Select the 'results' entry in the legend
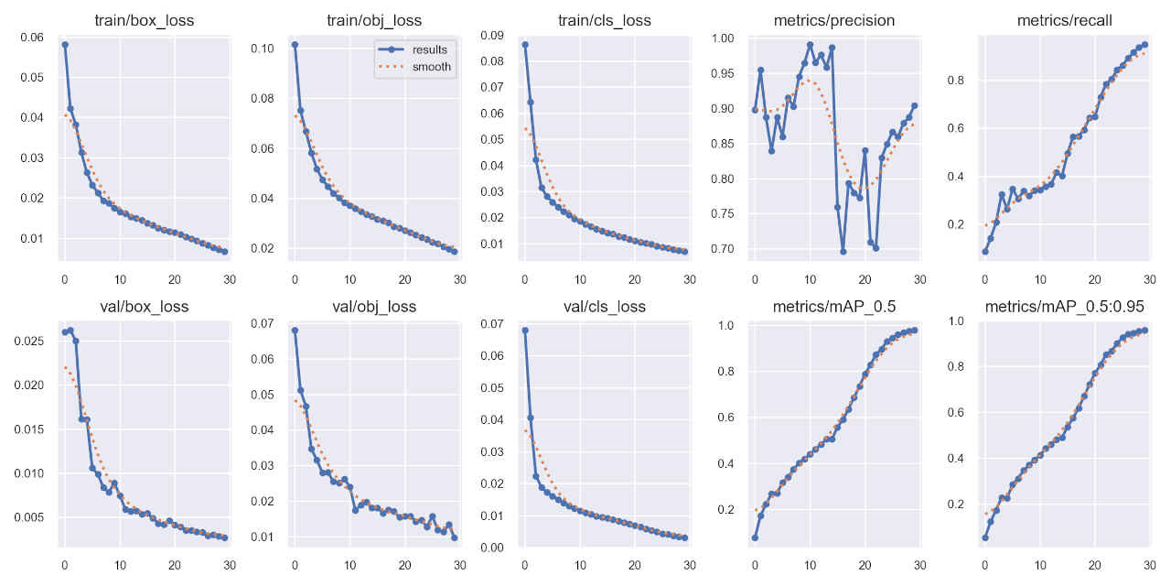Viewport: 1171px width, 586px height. [429, 49]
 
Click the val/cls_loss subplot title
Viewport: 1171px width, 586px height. [606, 307]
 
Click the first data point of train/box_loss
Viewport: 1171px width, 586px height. [64, 44]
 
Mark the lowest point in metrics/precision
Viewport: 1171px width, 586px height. [843, 252]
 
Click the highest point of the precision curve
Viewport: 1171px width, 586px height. [810, 44]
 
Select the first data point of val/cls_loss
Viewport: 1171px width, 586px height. [524, 331]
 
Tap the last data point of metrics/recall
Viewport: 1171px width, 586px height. [1144, 44]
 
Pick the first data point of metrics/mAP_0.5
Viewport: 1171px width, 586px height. [755, 537]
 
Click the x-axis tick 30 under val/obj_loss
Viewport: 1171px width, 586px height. [459, 565]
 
